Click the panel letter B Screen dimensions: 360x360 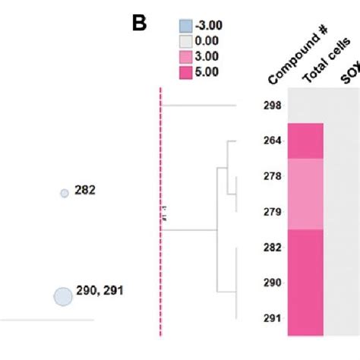click(x=138, y=24)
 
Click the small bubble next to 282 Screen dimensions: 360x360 click(x=65, y=194)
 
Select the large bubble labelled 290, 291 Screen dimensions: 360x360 click(x=62, y=296)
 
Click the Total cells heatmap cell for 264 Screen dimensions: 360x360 click(x=305, y=141)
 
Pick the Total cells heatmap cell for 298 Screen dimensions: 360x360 click(x=305, y=106)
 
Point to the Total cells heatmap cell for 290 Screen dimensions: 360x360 click(x=305, y=283)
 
